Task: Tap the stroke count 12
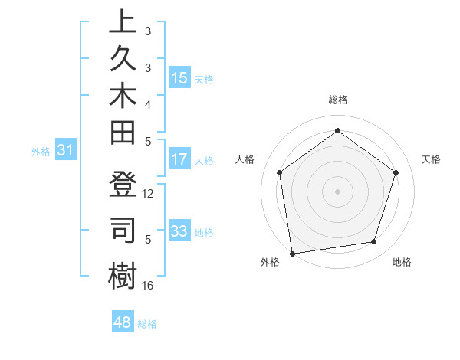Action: tap(149, 195)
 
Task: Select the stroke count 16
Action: tap(149, 286)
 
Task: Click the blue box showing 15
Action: tap(179, 78)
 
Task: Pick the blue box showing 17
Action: tap(179, 160)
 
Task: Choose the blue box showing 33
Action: tap(179, 231)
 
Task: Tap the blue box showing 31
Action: tap(66, 151)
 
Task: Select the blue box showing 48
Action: tap(123, 322)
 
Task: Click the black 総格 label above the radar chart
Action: tap(338, 100)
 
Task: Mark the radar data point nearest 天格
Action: tap(396, 172)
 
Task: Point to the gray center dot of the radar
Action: tap(338, 191)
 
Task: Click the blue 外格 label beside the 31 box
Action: tap(41, 152)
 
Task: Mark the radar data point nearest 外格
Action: tap(292, 253)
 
